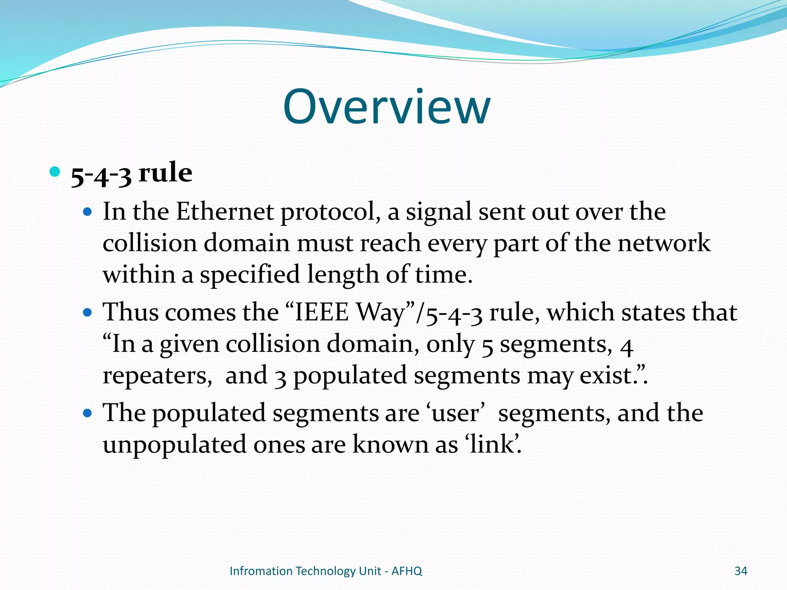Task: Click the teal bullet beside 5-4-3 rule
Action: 55,171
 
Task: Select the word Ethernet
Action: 225,212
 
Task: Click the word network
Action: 664,243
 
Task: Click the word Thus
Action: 131,312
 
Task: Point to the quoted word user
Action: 455,413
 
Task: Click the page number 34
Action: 741,571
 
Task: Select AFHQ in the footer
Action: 407,571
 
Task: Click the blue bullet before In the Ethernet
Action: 88,211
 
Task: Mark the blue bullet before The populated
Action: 88,413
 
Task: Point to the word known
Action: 390,445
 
